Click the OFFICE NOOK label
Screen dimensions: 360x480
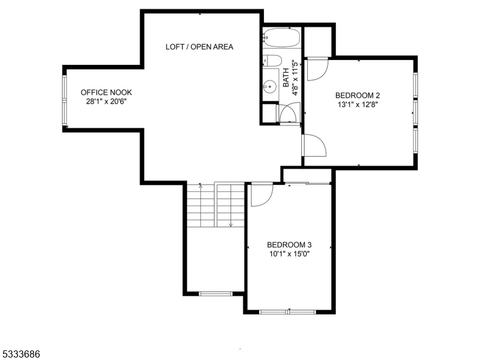[106, 92]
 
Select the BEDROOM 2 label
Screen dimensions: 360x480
[358, 95]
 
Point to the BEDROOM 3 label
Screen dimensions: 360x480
[289, 244]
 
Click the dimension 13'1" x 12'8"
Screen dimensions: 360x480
[358, 104]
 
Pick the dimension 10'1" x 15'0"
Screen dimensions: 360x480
[289, 253]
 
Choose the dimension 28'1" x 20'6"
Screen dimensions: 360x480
[106, 101]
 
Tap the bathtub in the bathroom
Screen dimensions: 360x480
[280, 39]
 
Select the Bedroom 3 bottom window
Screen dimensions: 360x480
[287, 311]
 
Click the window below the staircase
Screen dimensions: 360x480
[215, 293]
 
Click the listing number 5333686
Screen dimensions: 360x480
[20, 355]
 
